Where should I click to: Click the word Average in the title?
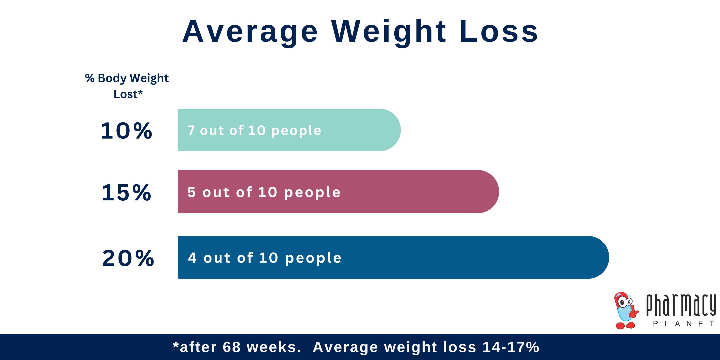(x=250, y=32)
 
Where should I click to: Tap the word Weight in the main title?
(x=389, y=32)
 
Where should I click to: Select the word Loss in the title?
(x=499, y=32)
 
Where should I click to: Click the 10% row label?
(x=126, y=131)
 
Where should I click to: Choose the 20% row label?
(x=128, y=258)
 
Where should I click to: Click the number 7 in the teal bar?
(x=191, y=131)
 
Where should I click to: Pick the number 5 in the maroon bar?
(x=191, y=192)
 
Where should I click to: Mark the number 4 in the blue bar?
(x=192, y=258)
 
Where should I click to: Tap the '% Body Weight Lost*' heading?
(x=127, y=86)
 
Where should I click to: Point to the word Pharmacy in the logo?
(x=681, y=305)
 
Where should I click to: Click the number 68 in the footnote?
(x=231, y=347)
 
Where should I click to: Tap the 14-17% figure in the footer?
(x=511, y=347)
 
